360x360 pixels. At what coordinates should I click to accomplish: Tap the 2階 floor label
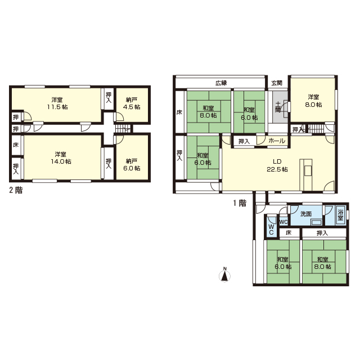(x=16, y=190)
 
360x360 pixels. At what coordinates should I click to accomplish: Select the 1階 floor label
(x=240, y=203)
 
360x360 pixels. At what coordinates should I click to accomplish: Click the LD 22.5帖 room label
(x=277, y=165)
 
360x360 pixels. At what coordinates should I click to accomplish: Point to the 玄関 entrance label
(x=277, y=83)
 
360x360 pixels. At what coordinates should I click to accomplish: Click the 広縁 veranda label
(x=221, y=83)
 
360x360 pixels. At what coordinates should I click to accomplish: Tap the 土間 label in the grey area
(x=278, y=107)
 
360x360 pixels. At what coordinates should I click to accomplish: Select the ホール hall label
(x=277, y=141)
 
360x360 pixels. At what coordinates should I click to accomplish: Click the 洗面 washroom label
(x=306, y=214)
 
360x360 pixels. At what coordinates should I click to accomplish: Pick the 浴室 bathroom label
(x=340, y=214)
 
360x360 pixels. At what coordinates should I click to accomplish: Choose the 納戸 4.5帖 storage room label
(x=132, y=103)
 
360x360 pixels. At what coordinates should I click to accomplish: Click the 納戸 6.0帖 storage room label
(x=132, y=165)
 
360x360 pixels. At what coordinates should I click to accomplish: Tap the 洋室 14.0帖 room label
(x=61, y=157)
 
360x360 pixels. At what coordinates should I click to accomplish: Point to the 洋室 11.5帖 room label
(x=57, y=103)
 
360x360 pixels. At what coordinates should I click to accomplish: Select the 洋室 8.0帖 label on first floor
(x=313, y=101)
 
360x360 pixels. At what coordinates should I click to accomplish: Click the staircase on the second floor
(x=123, y=129)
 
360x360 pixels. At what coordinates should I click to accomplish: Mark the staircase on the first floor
(x=316, y=129)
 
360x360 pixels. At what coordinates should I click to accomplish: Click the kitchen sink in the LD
(x=308, y=170)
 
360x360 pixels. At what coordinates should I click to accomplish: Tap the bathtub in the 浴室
(x=340, y=215)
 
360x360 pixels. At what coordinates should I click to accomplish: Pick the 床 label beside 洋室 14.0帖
(x=16, y=145)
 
